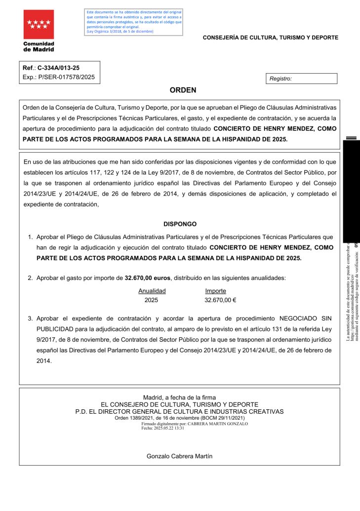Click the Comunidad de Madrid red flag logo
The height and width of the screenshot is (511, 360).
coord(39,25)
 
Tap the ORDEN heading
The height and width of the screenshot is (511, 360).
coord(183,90)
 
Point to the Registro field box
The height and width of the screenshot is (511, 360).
coord(301,79)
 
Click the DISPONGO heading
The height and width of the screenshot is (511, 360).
coord(180,224)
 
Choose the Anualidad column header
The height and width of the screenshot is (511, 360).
coord(152,291)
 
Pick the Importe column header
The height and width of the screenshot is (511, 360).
coord(215,291)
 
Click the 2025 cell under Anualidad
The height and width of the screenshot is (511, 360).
coord(151,300)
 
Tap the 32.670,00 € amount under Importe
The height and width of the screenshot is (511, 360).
coord(220,300)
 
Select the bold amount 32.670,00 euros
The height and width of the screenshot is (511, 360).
coord(148,278)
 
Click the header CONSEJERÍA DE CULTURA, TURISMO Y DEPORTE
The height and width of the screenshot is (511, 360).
coord(271,38)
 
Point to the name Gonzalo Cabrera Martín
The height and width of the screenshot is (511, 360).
coord(180,456)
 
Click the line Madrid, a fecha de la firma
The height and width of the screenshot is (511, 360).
coord(180,397)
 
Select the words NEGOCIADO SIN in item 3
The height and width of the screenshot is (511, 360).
coord(306,318)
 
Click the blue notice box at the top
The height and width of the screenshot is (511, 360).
coord(134,22)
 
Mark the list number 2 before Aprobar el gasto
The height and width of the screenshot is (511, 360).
coord(30,278)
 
